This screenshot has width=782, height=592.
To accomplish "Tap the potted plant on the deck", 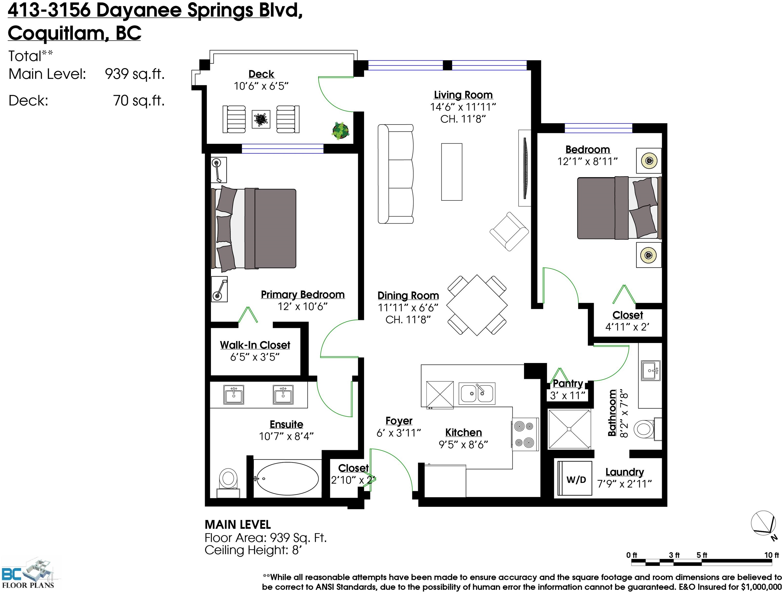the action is (x=340, y=131).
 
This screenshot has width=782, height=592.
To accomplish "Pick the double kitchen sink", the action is (x=477, y=393).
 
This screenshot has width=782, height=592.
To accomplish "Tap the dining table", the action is (x=477, y=305).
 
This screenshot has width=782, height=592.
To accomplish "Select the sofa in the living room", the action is (x=396, y=174).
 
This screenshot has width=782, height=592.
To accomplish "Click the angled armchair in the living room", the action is (x=509, y=232).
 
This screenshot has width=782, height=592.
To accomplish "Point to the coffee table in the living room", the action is (x=451, y=172).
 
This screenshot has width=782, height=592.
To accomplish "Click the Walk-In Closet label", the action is (x=255, y=345).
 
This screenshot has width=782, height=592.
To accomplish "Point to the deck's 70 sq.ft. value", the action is (x=139, y=100).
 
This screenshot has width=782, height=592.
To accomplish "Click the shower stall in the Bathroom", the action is (x=569, y=429).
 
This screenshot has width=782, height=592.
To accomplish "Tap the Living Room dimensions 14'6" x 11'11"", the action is (x=463, y=107).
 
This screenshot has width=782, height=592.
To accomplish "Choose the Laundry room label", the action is (x=624, y=472).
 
